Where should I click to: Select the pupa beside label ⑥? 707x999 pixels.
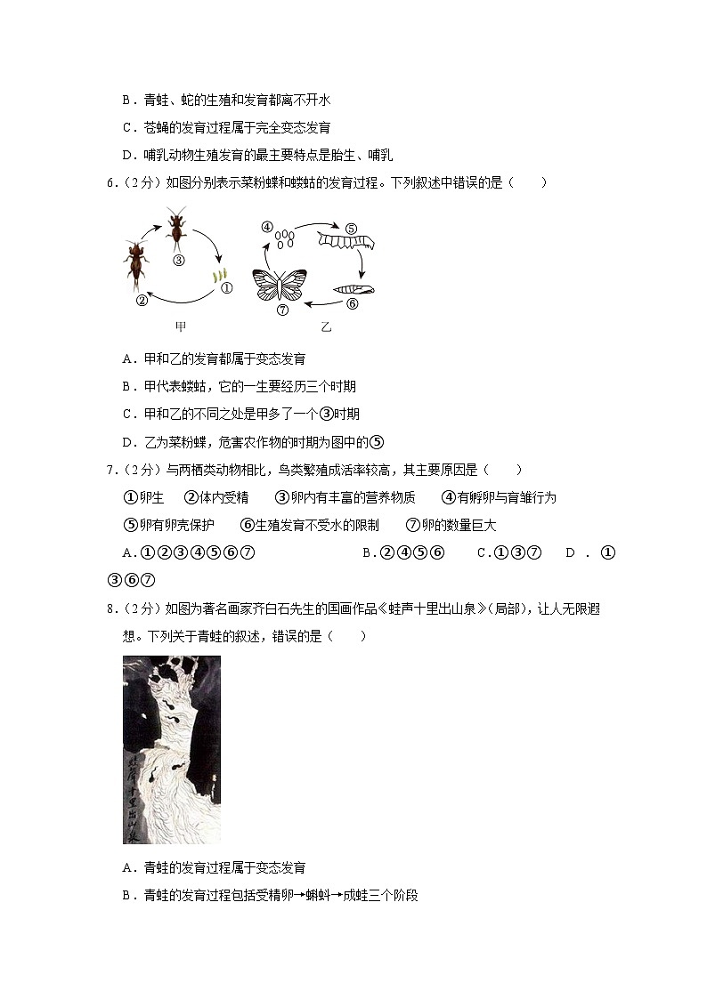(x=353, y=289)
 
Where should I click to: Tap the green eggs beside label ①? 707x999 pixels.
(x=220, y=277)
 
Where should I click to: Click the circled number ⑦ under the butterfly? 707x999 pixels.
(x=282, y=310)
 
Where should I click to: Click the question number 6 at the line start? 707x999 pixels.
(x=110, y=183)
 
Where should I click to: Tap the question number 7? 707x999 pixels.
(x=110, y=471)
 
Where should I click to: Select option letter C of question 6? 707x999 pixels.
(x=127, y=415)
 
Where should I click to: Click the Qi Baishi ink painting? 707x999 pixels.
(x=171, y=750)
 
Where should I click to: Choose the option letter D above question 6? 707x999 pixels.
(x=127, y=156)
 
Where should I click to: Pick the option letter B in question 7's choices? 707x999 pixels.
(x=368, y=553)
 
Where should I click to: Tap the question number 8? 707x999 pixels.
(x=110, y=609)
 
